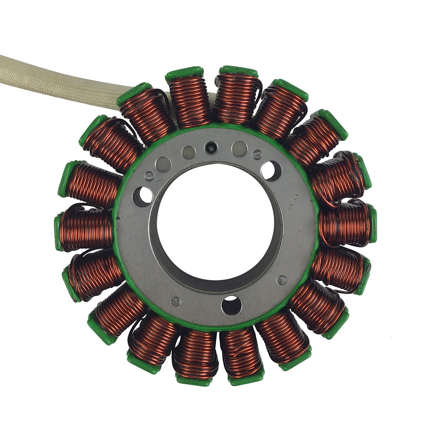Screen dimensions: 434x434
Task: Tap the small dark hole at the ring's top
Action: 211,147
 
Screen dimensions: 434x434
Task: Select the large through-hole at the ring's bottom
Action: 231,305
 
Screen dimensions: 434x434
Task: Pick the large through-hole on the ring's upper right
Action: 271,170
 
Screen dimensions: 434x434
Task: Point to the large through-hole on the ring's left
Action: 143,196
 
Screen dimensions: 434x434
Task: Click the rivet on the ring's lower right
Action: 281,280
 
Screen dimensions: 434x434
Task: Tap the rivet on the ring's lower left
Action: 175,301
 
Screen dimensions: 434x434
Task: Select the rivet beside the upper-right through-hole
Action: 257,154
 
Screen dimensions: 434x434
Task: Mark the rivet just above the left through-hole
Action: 149,176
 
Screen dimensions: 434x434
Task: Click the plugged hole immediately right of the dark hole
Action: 239,149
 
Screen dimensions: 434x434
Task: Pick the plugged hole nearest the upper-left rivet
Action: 163,164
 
